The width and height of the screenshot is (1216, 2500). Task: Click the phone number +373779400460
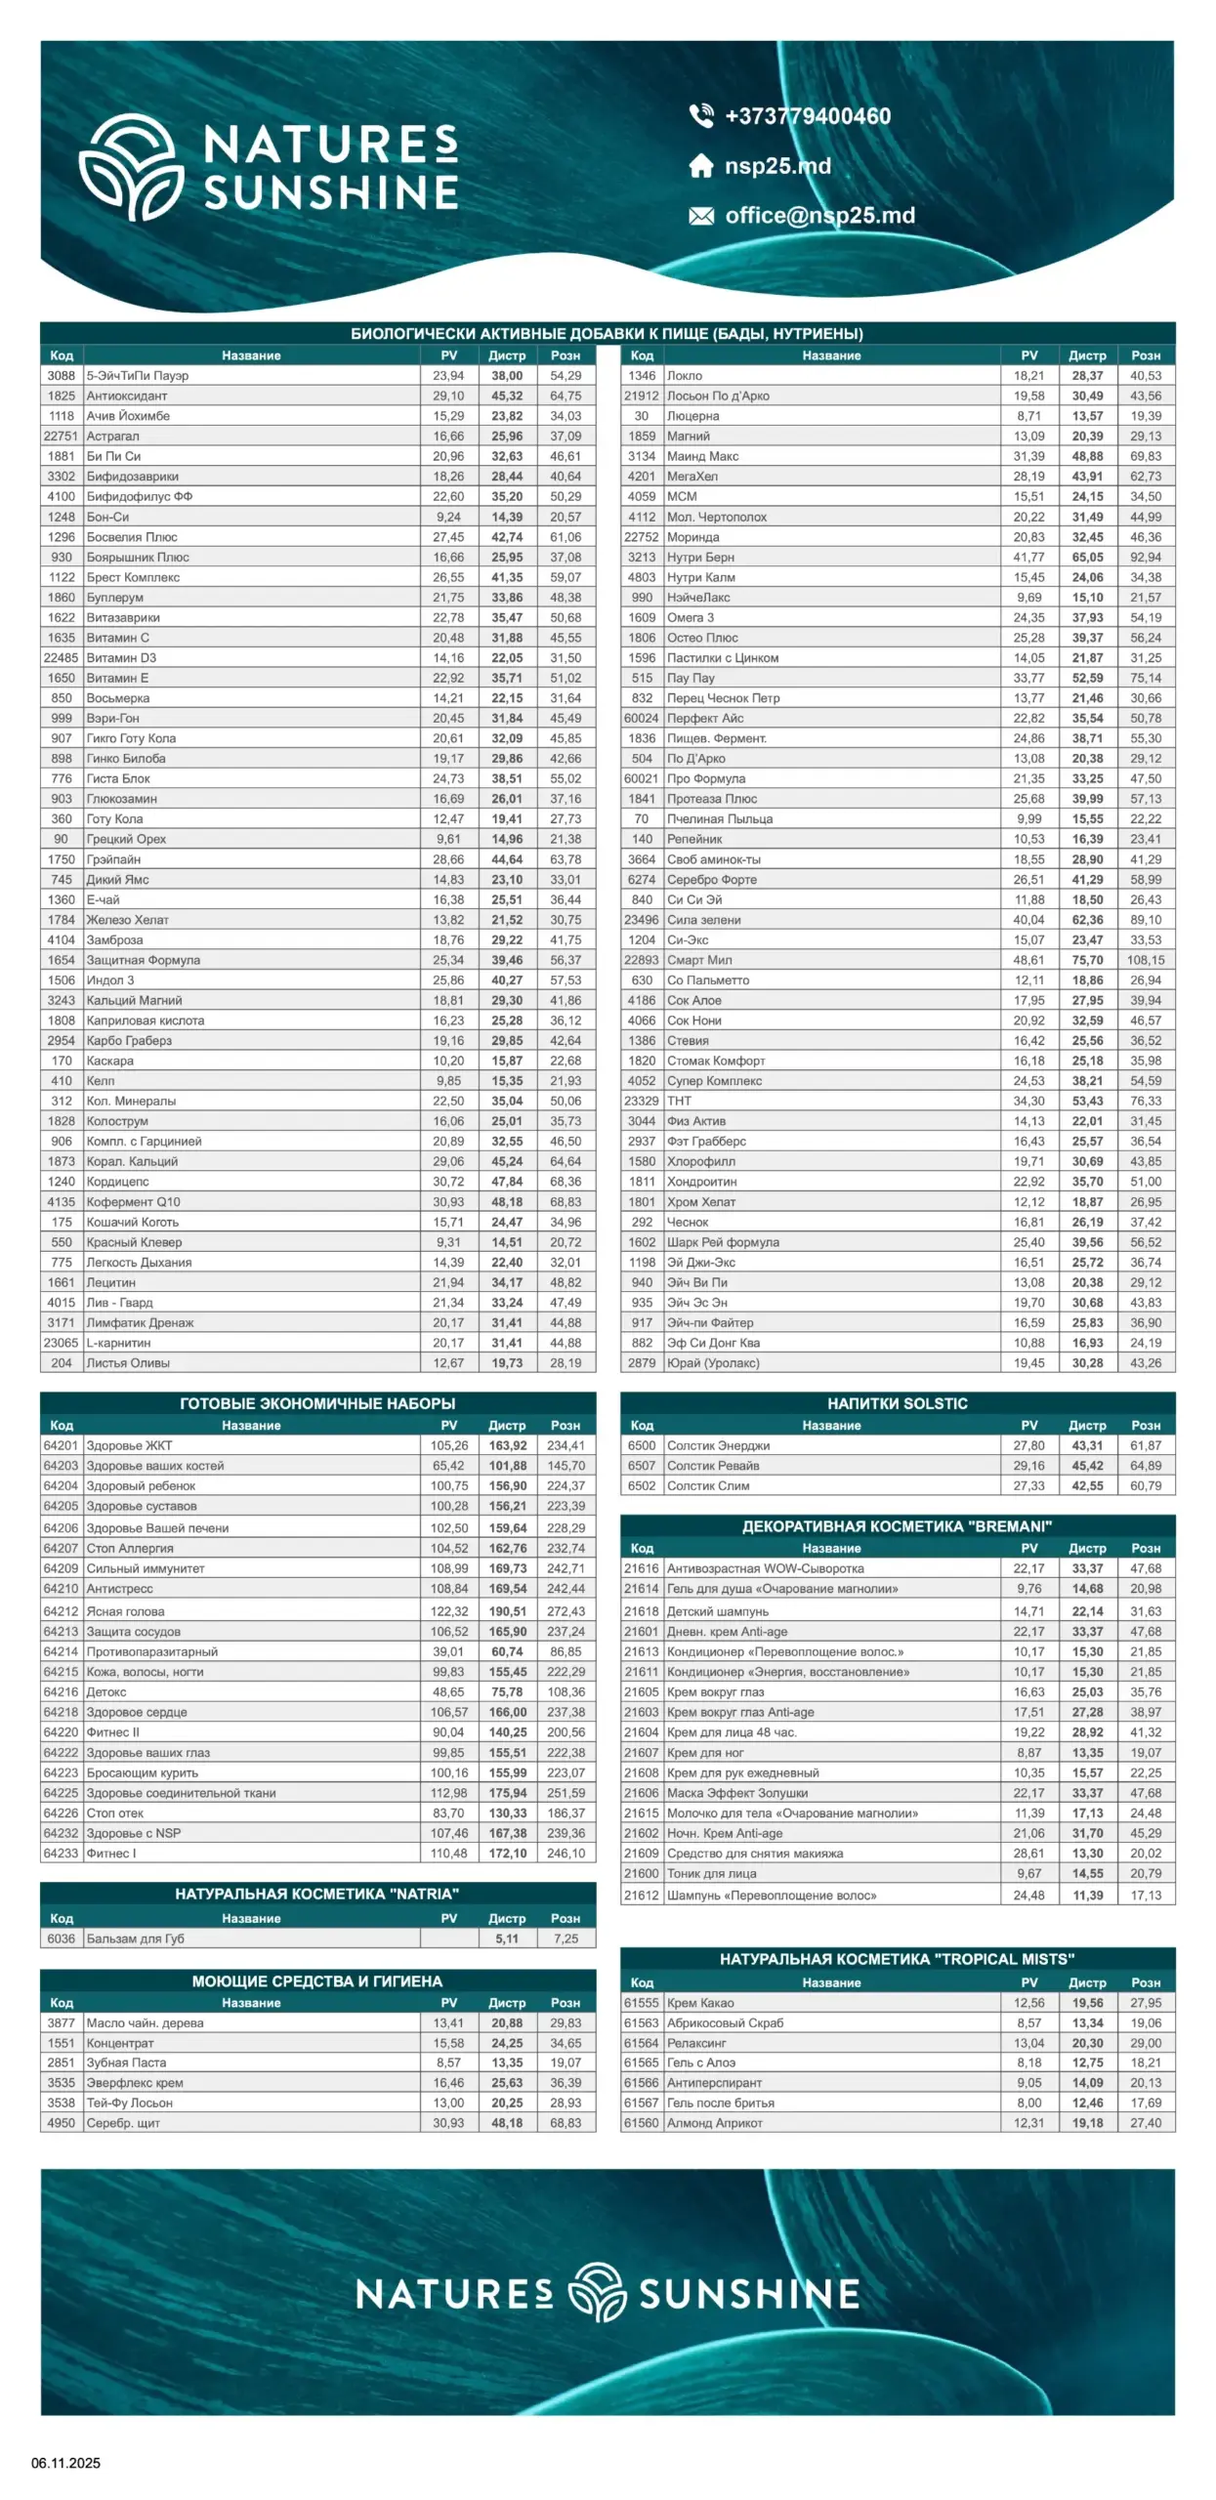(x=807, y=116)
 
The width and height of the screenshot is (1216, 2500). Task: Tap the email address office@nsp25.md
(x=819, y=216)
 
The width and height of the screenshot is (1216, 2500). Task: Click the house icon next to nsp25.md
(x=701, y=166)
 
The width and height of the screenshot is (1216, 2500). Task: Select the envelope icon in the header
(x=701, y=216)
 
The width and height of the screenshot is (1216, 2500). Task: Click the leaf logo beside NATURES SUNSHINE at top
(x=131, y=167)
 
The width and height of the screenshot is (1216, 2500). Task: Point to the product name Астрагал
(x=112, y=437)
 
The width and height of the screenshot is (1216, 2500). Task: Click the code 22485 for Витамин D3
(x=61, y=658)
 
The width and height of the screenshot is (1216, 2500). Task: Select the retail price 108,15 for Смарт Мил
(x=1145, y=960)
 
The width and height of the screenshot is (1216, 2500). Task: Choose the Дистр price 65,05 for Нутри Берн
(x=1087, y=557)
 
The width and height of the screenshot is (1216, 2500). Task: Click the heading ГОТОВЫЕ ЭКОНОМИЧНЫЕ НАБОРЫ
(x=317, y=1403)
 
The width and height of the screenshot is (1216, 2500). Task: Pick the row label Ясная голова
(x=125, y=1611)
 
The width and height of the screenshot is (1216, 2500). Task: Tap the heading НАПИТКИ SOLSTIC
(x=897, y=1403)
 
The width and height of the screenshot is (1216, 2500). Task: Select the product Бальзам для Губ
(x=135, y=1938)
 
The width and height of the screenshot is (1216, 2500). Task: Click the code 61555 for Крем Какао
(x=641, y=2003)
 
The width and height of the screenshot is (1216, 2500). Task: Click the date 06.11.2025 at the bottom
(x=65, y=2463)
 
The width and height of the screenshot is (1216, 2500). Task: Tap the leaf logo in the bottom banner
(x=597, y=2293)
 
